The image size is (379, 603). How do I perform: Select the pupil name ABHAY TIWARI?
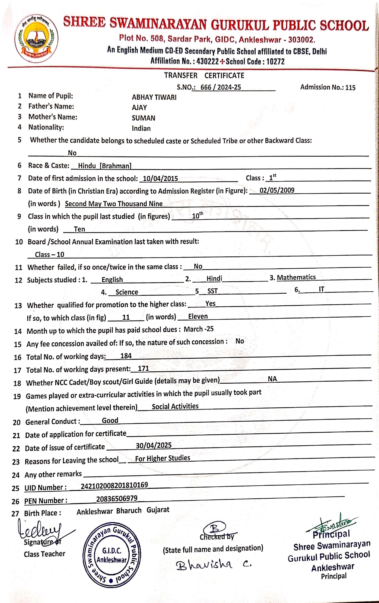tap(154, 97)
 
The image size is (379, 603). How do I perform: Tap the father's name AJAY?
tap(139, 107)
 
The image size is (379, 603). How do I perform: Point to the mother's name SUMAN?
tap(144, 118)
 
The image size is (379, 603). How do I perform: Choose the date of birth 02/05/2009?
tap(277, 190)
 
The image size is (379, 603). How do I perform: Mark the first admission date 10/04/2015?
tap(160, 179)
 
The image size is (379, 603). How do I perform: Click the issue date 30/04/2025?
tap(153, 445)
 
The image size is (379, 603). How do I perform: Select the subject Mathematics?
tap(296, 277)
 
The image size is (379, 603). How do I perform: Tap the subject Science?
tap(127, 292)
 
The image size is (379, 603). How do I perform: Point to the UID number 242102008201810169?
tap(114, 485)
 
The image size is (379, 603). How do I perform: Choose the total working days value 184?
tap(126, 356)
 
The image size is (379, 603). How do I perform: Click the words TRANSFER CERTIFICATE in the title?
tap(204, 75)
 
